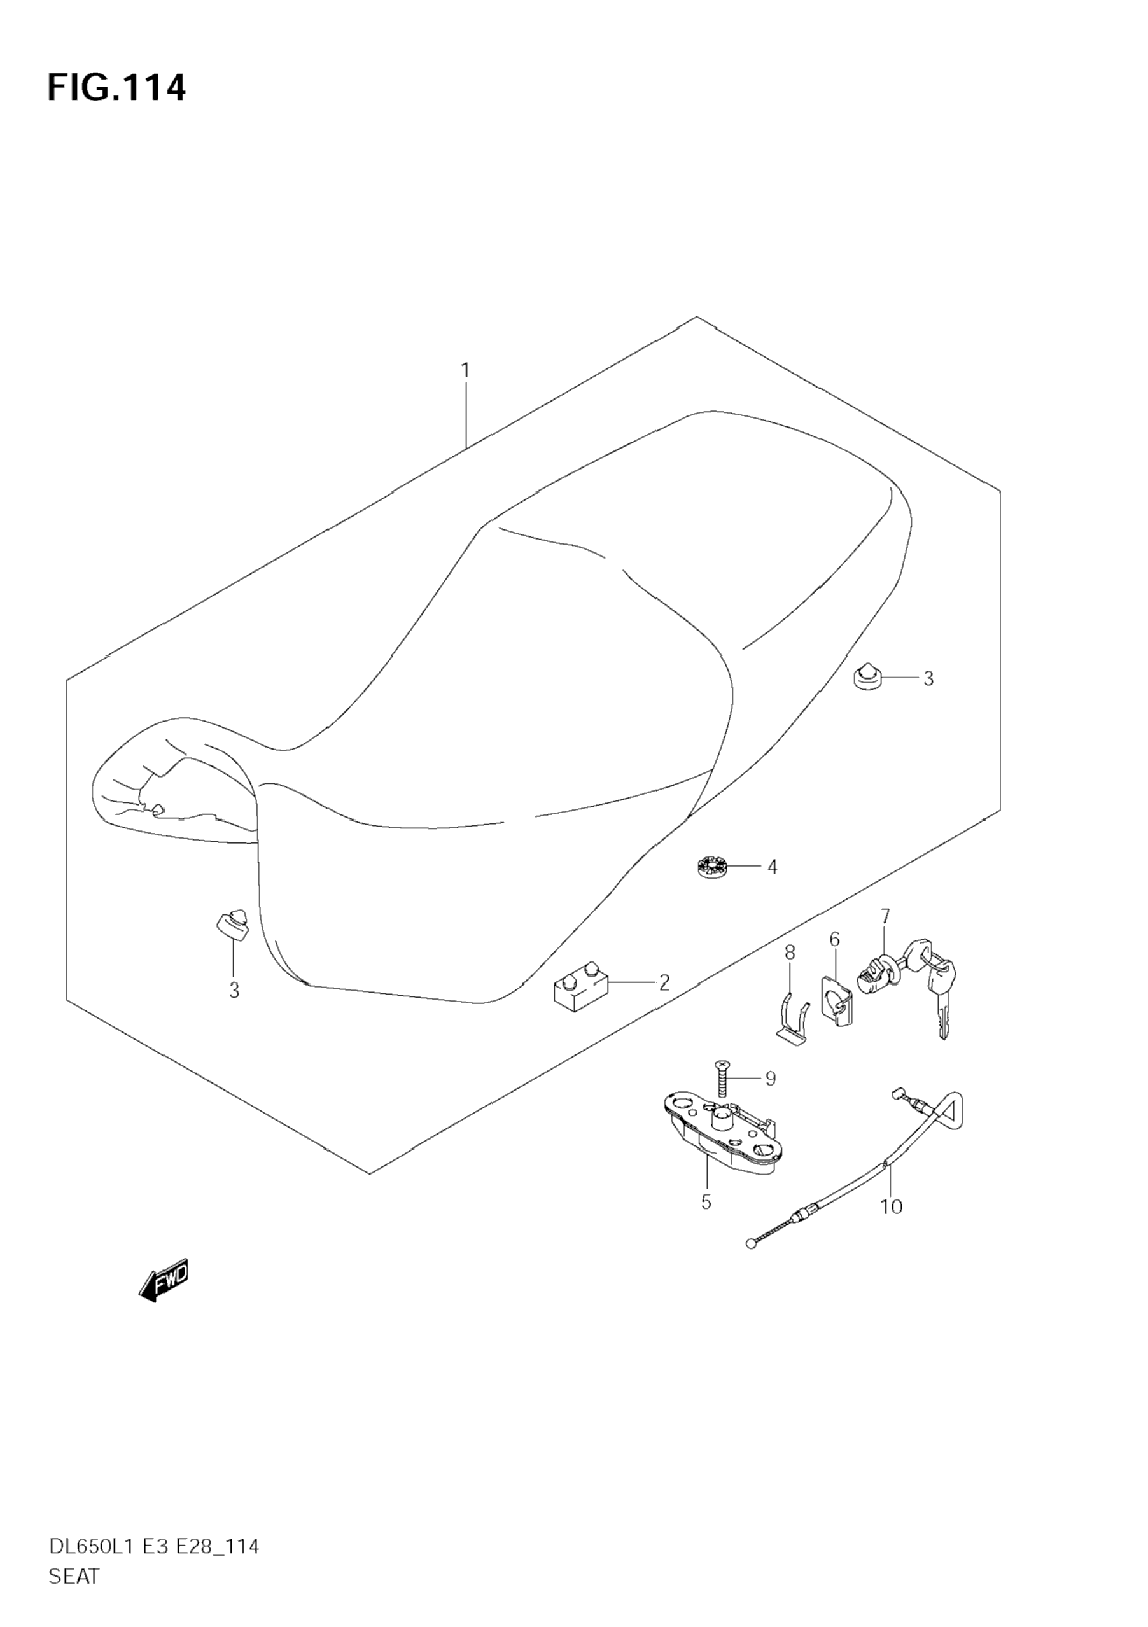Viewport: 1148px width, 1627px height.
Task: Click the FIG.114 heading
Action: click(x=116, y=88)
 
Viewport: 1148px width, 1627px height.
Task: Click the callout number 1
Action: click(x=465, y=370)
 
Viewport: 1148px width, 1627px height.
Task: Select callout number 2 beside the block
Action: click(x=664, y=982)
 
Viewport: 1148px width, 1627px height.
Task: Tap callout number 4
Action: click(x=772, y=867)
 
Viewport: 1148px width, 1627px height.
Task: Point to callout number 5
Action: click(x=706, y=1202)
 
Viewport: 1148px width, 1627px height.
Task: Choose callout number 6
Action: click(x=834, y=940)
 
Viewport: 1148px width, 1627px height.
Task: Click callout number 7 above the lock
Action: click(x=885, y=916)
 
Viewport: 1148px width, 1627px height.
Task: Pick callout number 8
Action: click(x=790, y=953)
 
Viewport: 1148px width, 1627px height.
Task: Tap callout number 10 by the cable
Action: click(x=892, y=1206)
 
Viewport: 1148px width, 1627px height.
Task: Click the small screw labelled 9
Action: click(x=723, y=1080)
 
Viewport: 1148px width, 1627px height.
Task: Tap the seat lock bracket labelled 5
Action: click(x=723, y=1135)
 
